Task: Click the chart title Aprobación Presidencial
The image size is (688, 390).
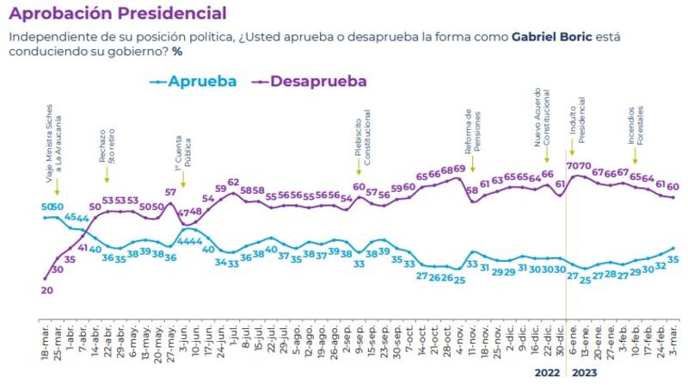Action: point(118,14)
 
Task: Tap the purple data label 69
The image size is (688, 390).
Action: point(459,169)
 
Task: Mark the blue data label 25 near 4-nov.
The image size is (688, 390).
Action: point(459,280)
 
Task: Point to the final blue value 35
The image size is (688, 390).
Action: point(674,259)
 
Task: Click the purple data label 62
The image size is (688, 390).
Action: point(234,183)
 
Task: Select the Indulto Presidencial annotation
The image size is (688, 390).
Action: point(576,126)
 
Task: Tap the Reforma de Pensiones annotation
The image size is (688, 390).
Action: point(472,130)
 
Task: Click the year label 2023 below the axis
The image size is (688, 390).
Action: point(583,374)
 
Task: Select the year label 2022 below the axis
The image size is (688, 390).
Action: point(547,374)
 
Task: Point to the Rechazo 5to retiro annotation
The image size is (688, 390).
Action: point(106,146)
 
